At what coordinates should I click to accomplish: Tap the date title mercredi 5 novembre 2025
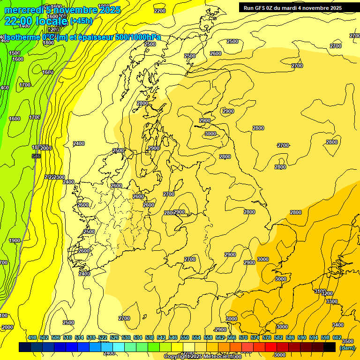62,10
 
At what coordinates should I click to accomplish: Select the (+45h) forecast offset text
81,21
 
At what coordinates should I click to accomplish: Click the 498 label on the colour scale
32,337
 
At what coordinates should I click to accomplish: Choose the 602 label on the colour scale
337,337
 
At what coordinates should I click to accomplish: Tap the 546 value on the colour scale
173,337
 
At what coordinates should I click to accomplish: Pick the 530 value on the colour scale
126,337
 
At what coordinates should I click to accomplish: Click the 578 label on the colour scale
267,337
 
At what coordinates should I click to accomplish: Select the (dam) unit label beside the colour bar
347,348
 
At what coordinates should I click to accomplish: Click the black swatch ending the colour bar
330,347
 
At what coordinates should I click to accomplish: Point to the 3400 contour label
337,325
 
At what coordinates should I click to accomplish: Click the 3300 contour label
331,301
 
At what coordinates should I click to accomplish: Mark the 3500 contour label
348,342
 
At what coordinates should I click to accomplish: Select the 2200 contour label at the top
160,11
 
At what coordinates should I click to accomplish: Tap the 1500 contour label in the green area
15,53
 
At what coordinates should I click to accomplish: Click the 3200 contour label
327,294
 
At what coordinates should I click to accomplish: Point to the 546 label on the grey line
36,156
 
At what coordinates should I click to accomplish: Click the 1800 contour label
48,43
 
